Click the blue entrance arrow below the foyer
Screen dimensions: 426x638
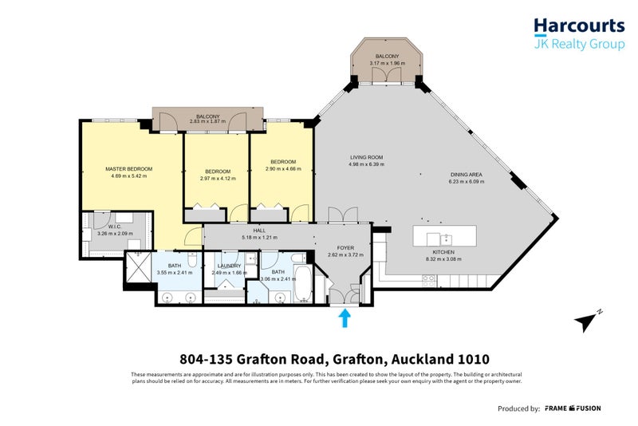(x=345, y=319)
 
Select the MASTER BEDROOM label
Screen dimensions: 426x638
(x=129, y=169)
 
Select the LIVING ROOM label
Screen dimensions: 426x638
(x=367, y=157)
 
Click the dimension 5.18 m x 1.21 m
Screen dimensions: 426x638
(x=258, y=238)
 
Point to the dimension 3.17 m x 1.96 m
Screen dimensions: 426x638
(x=388, y=63)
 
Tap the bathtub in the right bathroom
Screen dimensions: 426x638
(x=304, y=285)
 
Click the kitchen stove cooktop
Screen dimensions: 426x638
(x=427, y=278)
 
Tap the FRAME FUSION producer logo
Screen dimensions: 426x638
(x=573, y=408)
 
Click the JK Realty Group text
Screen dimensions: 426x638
(x=578, y=44)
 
